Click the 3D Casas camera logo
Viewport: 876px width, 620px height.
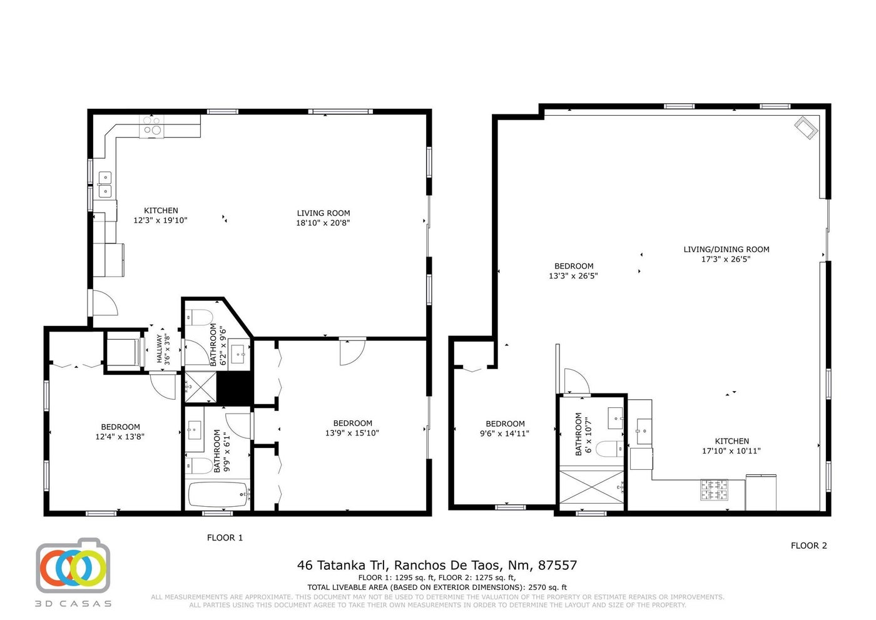point(73,565)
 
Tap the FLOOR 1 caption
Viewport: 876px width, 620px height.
point(225,538)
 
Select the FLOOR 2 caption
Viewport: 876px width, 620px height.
point(808,546)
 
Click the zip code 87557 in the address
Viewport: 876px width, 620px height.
point(558,566)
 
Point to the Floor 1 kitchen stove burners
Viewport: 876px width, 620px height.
point(152,126)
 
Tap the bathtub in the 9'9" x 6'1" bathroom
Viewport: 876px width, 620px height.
point(218,495)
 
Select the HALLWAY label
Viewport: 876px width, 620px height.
point(160,348)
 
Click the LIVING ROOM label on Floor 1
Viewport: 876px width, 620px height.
point(323,213)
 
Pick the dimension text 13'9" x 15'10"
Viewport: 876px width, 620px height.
point(352,433)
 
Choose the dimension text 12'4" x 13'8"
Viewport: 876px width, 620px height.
point(120,437)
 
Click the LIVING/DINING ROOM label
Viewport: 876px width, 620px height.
point(726,250)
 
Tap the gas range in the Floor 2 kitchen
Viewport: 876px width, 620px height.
point(714,490)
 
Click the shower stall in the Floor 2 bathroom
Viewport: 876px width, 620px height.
point(592,487)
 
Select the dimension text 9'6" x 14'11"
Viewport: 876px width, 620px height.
point(504,434)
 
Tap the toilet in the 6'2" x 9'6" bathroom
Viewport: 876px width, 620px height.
point(198,317)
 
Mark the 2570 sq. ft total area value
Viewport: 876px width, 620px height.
point(547,587)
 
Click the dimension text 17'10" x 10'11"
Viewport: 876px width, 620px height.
point(731,450)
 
